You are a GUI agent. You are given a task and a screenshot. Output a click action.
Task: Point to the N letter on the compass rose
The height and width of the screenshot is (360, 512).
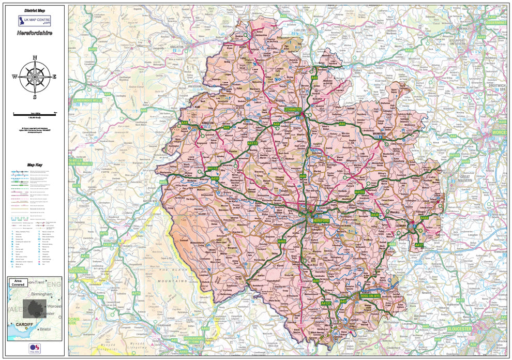(x=35, y=57)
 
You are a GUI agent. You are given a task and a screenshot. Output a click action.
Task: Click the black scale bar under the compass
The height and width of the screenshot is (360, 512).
(x=35, y=112)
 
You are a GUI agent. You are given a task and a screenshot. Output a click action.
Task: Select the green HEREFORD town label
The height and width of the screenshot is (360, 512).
(x=321, y=221)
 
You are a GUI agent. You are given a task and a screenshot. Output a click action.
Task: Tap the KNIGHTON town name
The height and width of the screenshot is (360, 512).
(x=177, y=47)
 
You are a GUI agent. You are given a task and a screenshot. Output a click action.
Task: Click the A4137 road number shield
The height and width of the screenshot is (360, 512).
(x=326, y=303)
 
